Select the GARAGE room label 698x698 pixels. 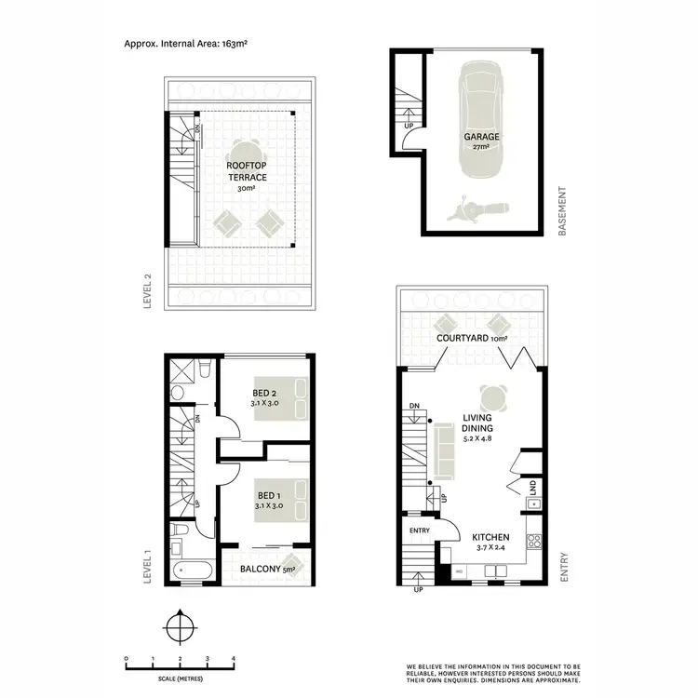tap(482, 137)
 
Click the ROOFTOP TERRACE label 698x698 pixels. tap(247, 171)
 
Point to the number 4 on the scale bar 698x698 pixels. tap(233, 659)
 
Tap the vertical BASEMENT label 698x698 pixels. tap(562, 213)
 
